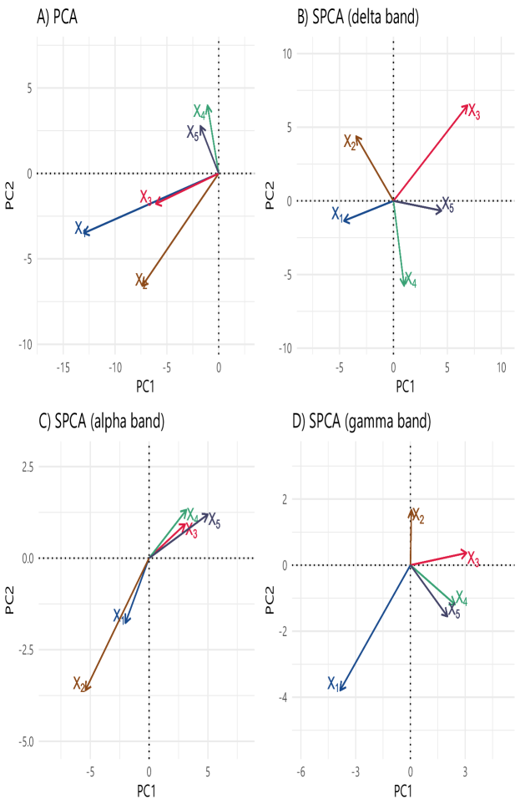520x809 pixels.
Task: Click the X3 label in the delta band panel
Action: (x=473, y=111)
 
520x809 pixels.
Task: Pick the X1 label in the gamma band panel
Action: (x=332, y=683)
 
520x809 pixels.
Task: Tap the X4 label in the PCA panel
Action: (x=199, y=111)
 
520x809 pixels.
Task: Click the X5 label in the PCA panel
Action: (x=193, y=132)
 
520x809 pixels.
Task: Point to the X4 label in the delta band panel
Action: (x=409, y=279)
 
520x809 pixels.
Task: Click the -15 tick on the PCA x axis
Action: (x=63, y=368)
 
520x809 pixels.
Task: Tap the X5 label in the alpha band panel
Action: (x=214, y=521)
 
